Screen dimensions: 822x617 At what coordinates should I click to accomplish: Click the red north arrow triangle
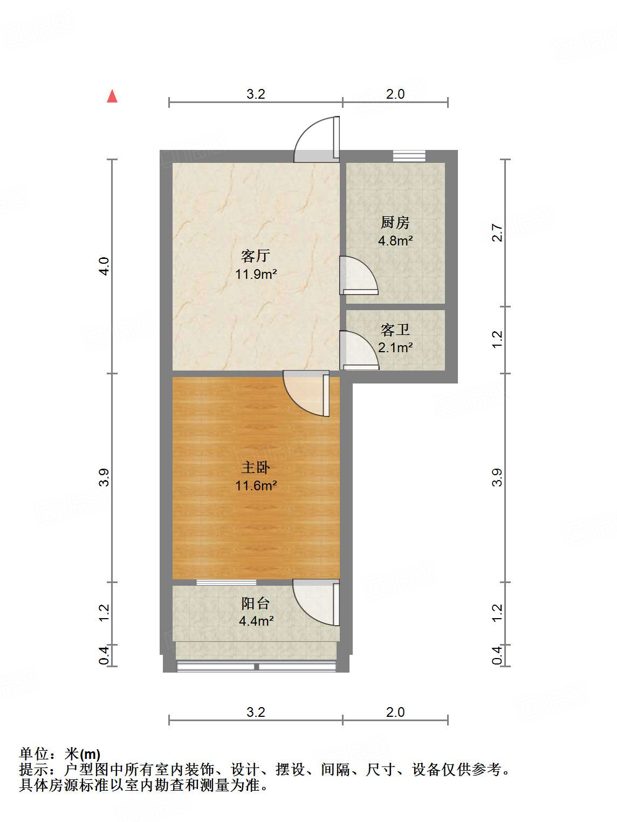click(112, 97)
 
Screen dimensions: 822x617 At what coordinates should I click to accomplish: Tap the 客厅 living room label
click(256, 255)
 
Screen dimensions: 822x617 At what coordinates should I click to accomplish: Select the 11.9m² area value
click(256, 274)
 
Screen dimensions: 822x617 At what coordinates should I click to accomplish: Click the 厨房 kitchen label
click(395, 222)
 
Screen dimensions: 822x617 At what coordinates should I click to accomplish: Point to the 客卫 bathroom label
click(395, 330)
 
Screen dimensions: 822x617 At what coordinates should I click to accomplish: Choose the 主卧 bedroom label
click(256, 467)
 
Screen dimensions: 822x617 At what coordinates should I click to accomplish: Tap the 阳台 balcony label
click(256, 603)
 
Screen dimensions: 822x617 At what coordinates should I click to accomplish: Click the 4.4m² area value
click(256, 621)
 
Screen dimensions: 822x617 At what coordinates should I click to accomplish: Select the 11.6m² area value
click(256, 485)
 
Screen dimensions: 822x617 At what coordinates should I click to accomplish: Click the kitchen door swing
click(357, 276)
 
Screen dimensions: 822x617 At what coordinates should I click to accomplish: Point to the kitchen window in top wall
click(409, 156)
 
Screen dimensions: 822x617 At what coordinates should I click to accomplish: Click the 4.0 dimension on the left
click(104, 266)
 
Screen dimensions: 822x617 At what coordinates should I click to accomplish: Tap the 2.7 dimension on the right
click(497, 233)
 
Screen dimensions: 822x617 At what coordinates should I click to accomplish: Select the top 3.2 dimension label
click(256, 94)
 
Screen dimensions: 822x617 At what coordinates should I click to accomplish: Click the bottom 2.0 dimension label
click(395, 712)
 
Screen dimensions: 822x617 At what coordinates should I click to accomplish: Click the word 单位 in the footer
click(34, 754)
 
